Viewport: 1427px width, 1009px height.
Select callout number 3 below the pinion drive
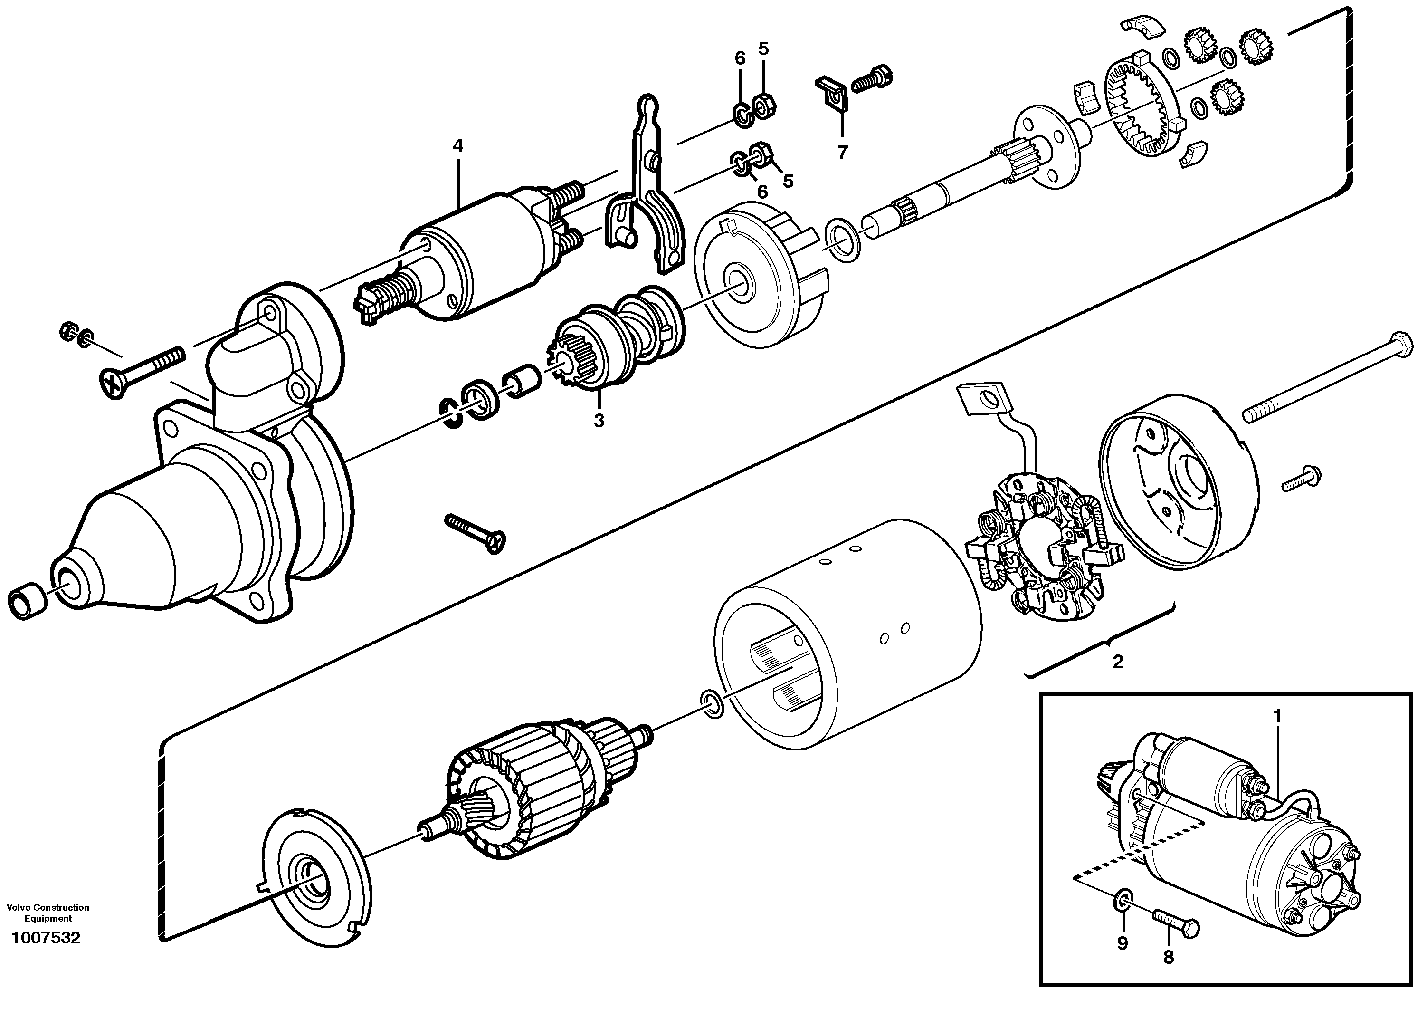click(x=599, y=421)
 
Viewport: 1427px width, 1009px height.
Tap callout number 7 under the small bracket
click(x=842, y=152)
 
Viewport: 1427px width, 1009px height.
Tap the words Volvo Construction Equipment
click(x=48, y=913)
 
